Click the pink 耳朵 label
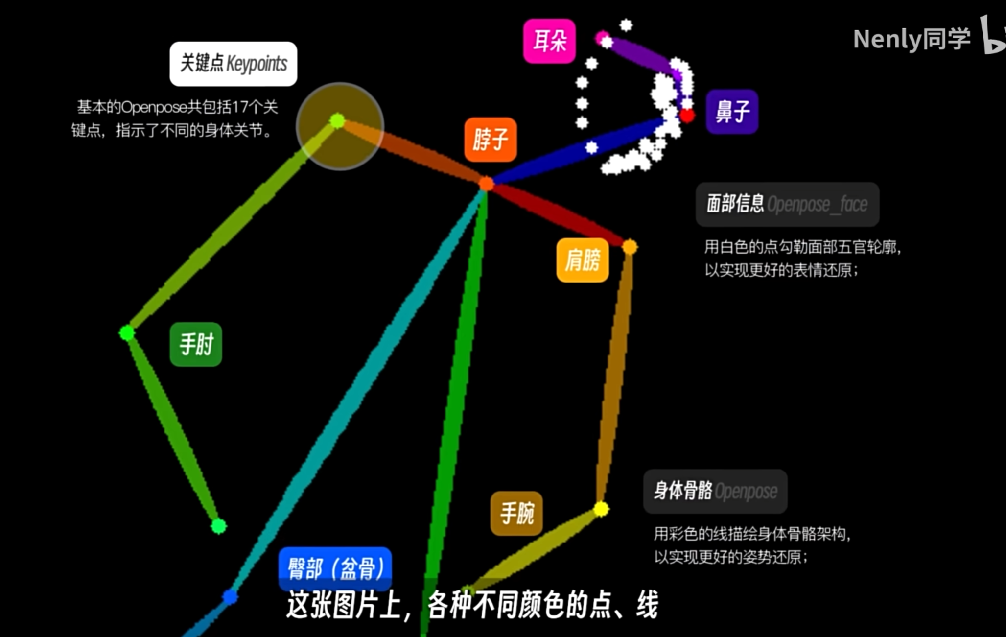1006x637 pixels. tap(549, 41)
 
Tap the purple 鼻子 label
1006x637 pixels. tap(732, 112)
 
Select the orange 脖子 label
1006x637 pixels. tap(491, 140)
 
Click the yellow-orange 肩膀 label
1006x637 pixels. tap(583, 260)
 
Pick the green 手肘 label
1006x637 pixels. tap(196, 344)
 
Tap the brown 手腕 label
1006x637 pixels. tap(516, 513)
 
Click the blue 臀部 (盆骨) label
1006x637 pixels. tap(335, 568)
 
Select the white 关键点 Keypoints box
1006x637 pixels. tap(234, 64)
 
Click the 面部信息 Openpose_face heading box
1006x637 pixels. tap(787, 204)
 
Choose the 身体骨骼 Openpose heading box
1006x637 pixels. tap(715, 491)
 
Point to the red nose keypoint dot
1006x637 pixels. tap(687, 116)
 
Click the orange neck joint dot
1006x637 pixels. tap(486, 184)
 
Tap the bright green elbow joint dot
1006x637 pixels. tap(127, 333)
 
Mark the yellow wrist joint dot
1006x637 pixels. tap(601, 509)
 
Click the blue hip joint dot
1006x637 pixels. tap(230, 596)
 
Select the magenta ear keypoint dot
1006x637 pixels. tap(601, 37)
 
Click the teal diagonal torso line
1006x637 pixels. tap(357, 392)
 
